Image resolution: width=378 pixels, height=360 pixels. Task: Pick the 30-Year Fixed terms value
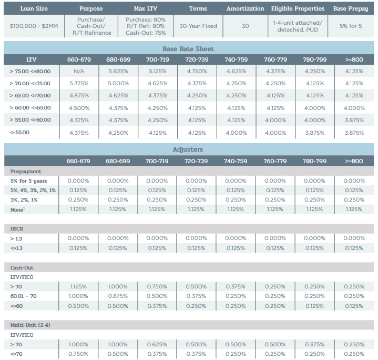click(198, 25)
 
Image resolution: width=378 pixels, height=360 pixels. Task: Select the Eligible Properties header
click(298, 8)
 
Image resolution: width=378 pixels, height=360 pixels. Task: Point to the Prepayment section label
click(26, 171)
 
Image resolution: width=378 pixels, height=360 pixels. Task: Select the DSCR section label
click(17, 229)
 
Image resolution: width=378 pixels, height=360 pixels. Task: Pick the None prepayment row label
click(17, 209)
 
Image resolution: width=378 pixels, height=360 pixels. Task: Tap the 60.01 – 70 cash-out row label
click(23, 296)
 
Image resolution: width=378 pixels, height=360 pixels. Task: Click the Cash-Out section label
click(22, 267)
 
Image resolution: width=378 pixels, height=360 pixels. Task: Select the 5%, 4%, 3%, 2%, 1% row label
click(33, 190)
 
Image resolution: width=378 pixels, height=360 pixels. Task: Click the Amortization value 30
click(245, 25)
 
